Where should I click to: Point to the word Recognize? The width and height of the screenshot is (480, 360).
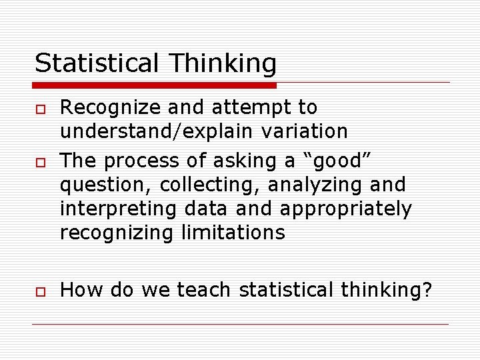coord(109,108)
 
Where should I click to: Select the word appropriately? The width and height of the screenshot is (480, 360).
coord(346,209)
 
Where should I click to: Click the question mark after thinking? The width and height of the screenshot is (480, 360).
coord(427,291)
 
